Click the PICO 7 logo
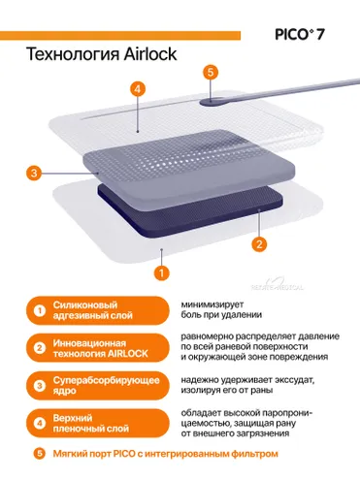click(299, 34)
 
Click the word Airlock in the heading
click(149, 54)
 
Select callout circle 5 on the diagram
click(211, 72)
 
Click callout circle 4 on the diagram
click(138, 89)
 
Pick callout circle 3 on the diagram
click(34, 174)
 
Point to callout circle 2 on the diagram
click(259, 243)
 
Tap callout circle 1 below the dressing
click(161, 273)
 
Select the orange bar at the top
click(120, 36)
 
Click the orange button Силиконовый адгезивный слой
click(97, 310)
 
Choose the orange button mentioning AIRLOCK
click(97, 348)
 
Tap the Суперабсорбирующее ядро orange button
click(97, 386)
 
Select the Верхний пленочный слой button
click(97, 423)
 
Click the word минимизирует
click(213, 304)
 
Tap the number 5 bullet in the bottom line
click(40, 454)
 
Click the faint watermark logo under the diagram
click(278, 285)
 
